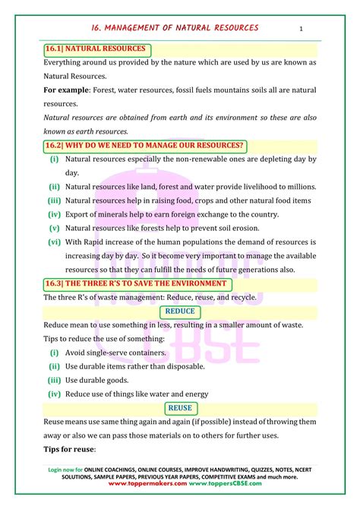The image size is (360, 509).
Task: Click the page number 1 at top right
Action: click(302, 29)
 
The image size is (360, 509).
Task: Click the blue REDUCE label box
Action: click(180, 311)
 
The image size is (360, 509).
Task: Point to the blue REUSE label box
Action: click(180, 408)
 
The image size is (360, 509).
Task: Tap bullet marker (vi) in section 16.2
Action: click(55, 242)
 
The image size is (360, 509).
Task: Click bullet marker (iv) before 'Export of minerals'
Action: click(55, 213)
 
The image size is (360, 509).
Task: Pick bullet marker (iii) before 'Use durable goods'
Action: click(55, 380)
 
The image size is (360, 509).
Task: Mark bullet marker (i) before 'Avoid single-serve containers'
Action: click(55, 353)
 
